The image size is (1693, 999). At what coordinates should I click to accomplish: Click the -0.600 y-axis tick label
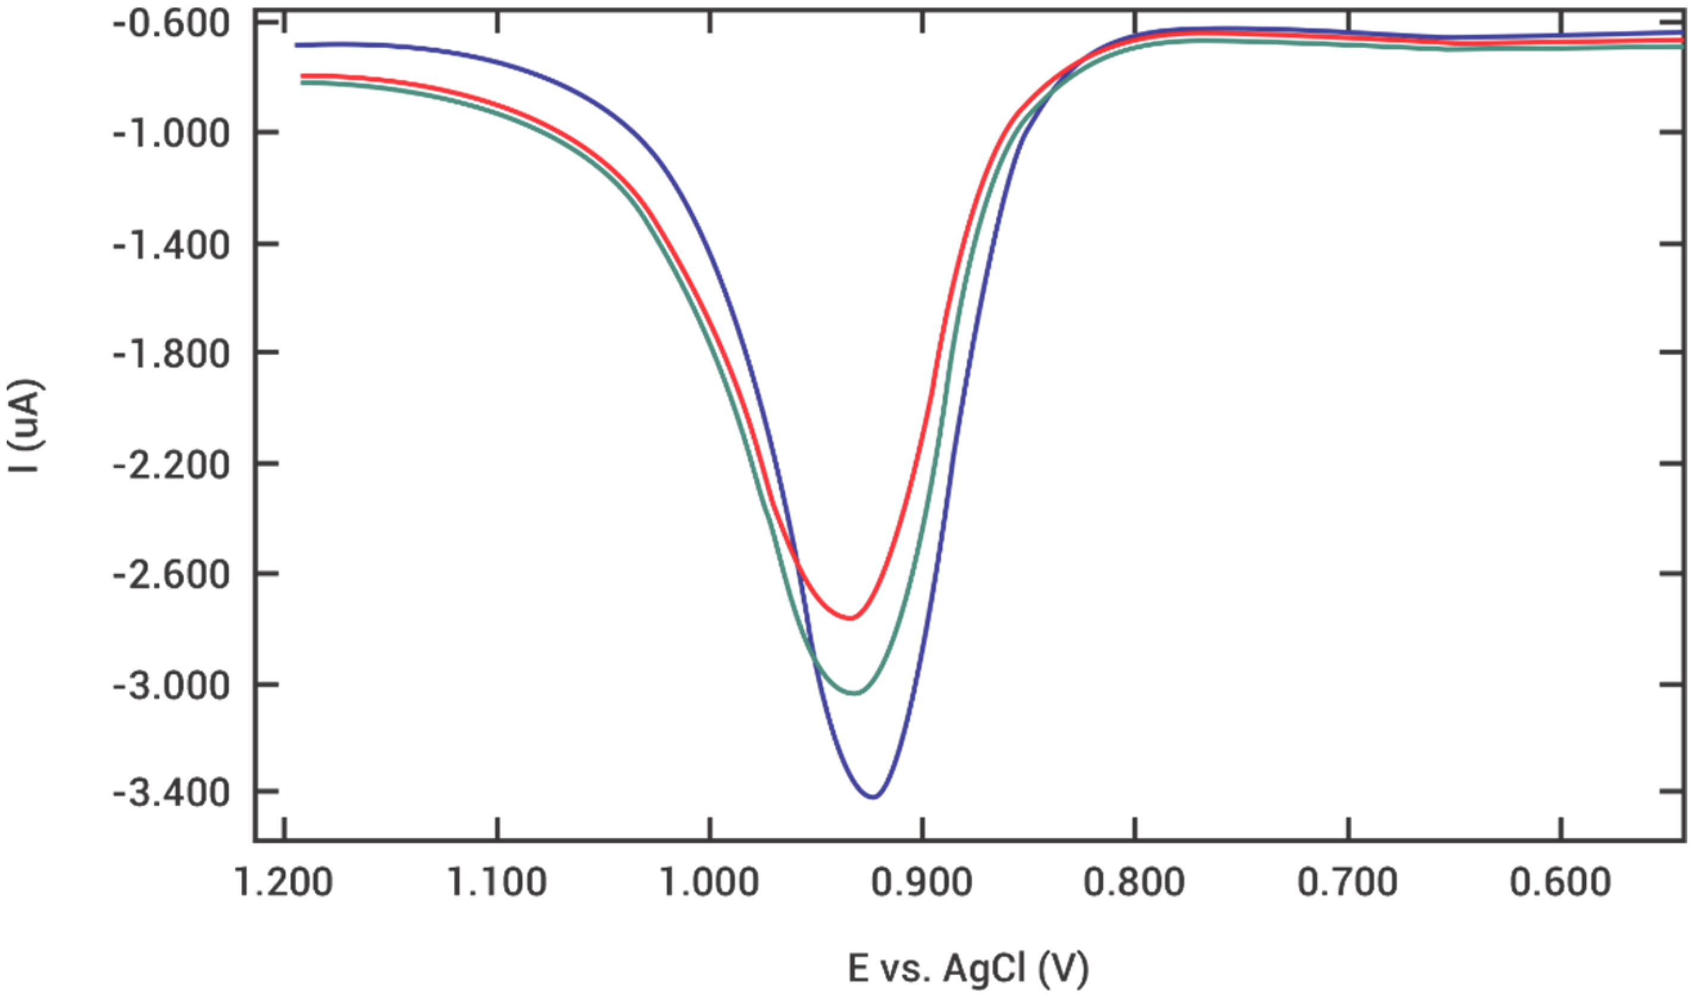[x=171, y=25]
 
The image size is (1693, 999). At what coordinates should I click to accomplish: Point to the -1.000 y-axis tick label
[x=171, y=134]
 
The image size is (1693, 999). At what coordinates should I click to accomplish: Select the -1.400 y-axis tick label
[x=171, y=246]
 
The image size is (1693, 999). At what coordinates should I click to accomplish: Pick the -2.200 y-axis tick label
[x=171, y=465]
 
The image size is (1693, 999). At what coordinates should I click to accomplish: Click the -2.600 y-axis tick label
[x=171, y=575]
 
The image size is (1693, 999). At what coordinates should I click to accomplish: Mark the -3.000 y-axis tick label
[x=171, y=687]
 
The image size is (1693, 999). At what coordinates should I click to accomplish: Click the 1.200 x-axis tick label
[x=284, y=882]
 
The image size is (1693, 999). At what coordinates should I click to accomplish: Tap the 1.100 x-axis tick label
[x=497, y=882]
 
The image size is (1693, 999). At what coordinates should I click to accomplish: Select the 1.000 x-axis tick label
[x=709, y=882]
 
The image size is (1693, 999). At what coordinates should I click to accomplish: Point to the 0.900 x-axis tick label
[x=922, y=882]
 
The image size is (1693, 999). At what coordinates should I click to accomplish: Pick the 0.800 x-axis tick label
[x=1135, y=882]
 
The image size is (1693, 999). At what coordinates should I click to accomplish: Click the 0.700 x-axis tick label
[x=1348, y=882]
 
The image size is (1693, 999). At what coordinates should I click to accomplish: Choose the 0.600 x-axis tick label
[x=1561, y=882]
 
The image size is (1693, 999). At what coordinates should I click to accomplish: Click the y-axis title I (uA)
[x=26, y=426]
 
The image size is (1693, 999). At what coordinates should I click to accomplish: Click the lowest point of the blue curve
[x=873, y=797]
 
